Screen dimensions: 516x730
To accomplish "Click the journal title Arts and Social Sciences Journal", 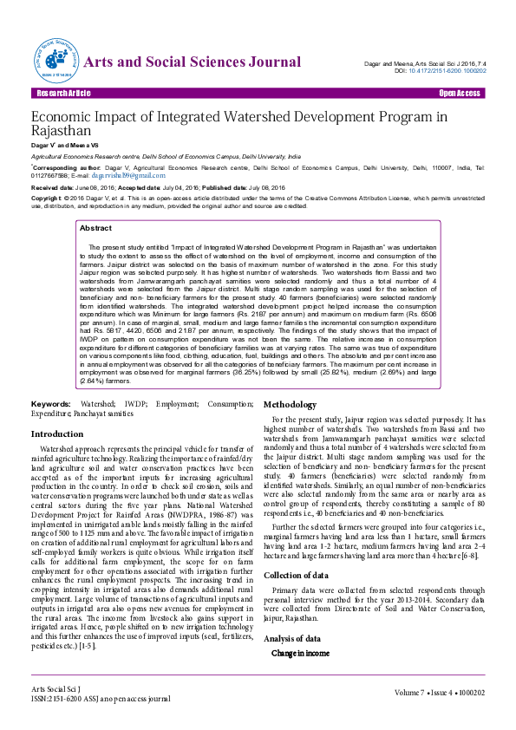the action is tap(192, 62).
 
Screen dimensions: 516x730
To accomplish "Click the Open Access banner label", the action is tap(459, 92).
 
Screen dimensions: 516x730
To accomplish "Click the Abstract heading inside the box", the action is tap(95, 228).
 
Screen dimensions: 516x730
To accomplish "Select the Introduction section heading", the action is tap(57, 433).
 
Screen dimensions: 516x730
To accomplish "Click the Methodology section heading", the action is tap(296, 405).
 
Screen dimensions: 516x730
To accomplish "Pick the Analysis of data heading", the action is tap(292, 614).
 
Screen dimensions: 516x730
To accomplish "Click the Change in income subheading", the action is tap(300, 629).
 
